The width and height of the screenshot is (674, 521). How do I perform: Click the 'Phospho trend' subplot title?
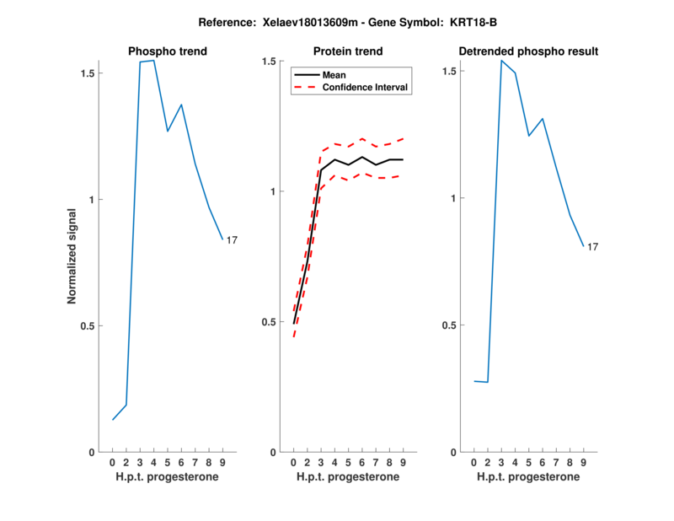click(168, 51)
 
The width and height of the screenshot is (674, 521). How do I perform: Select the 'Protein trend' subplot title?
click(348, 51)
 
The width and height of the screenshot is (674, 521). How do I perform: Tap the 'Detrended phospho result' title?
click(528, 51)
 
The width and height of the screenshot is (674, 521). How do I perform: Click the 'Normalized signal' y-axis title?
click(72, 257)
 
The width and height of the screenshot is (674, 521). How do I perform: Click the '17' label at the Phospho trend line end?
click(232, 240)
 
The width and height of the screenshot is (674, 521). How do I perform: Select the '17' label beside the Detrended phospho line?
click(592, 247)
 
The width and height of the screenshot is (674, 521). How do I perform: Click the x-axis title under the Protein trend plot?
click(348, 477)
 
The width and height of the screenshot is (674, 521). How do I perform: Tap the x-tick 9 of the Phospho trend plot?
click(222, 463)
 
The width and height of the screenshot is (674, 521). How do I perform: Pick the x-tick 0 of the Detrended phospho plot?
click(473, 463)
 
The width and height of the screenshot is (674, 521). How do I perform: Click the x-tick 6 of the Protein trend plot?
click(361, 463)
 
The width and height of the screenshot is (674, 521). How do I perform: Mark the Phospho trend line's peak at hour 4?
click(153, 61)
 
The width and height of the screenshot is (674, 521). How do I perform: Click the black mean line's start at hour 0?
click(293, 323)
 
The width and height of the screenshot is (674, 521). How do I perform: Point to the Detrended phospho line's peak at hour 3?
click(501, 60)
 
